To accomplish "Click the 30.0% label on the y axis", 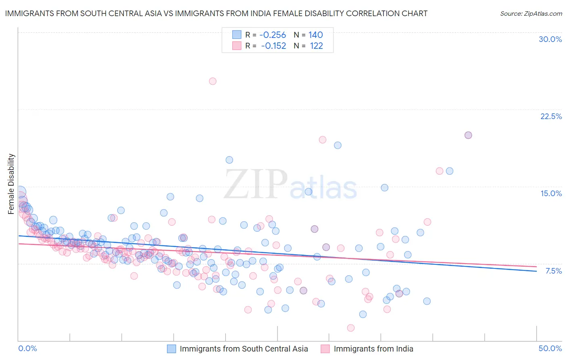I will (550, 39).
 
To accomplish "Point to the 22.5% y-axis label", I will (551, 116).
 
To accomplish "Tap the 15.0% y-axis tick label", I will (551, 193).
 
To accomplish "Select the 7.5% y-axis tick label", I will (553, 271).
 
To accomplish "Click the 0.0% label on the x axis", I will (27, 348).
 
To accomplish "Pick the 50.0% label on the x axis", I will (550, 348).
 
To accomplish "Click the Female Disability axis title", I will (11, 184).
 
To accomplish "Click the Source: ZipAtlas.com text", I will (531, 13).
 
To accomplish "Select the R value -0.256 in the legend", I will (273, 35).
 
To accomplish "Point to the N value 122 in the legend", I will (316, 46).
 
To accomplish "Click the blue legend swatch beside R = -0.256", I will (236, 35).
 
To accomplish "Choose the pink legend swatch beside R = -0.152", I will (236, 46).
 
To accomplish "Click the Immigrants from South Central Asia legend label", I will (244, 349).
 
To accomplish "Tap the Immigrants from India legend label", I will (373, 349).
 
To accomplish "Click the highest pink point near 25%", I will (213, 81).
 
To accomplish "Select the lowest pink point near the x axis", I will (350, 328).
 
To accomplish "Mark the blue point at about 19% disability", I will (338, 145).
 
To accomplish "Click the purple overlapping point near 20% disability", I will (468, 135).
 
